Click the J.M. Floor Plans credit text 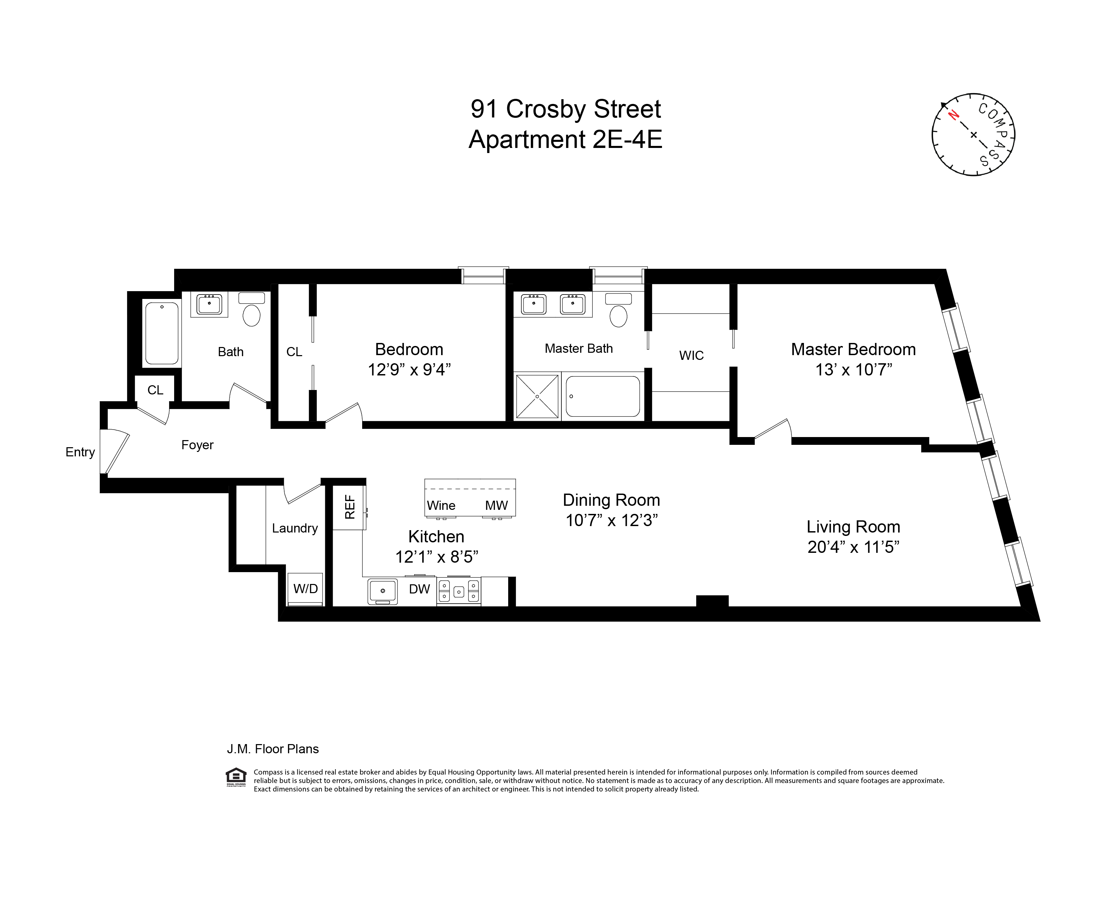[x=272, y=749]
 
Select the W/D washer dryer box [x=305, y=589]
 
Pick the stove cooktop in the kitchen [x=458, y=591]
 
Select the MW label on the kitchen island [x=496, y=505]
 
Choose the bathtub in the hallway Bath [x=162, y=333]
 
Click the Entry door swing [x=115, y=451]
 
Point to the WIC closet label [x=691, y=355]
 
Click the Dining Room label [x=611, y=500]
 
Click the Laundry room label [x=295, y=528]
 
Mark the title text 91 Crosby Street [x=565, y=109]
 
